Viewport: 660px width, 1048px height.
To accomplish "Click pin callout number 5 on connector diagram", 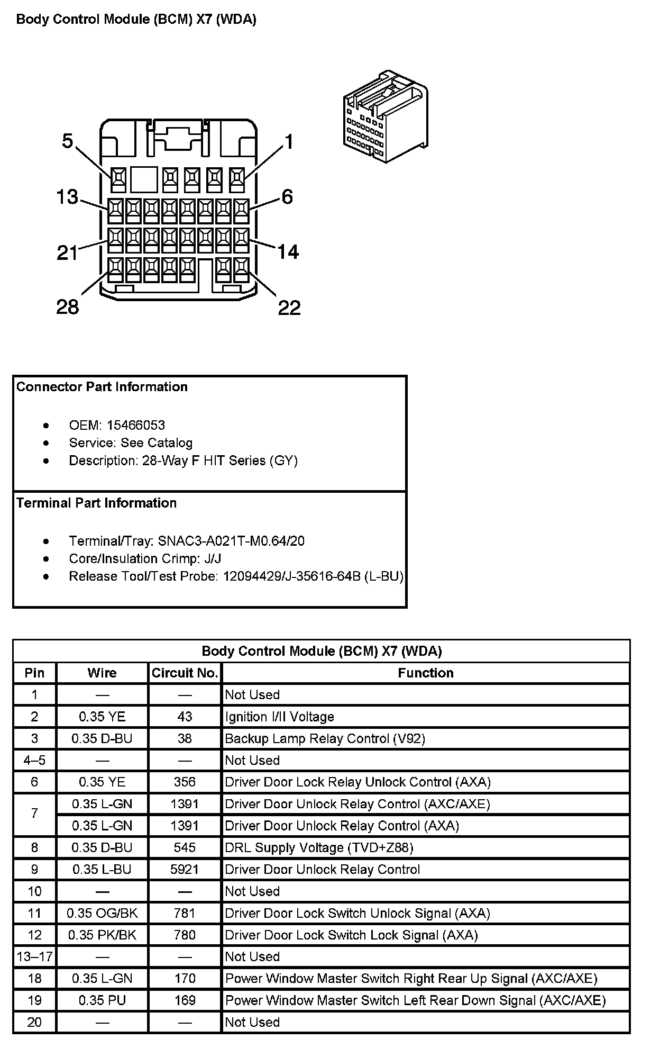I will pos(67,141).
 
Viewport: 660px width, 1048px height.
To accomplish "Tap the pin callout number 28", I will pos(68,306).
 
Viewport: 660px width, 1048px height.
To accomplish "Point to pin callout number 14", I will pos(288,251).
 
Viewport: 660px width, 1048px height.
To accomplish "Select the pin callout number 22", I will pos(289,308).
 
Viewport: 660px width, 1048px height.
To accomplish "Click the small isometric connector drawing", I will pos(385,115).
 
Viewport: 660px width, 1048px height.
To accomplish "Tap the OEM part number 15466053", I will pos(135,425).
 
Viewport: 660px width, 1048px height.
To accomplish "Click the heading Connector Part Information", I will pos(102,387).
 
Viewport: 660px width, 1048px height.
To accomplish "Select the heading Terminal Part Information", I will pos(96,503).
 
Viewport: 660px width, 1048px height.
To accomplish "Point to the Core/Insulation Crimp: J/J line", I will pos(145,558).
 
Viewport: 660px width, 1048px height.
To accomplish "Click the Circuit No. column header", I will pos(185,673).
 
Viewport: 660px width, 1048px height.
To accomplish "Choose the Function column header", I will pos(426,673).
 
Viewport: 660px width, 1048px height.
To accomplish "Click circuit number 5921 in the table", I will pos(185,869).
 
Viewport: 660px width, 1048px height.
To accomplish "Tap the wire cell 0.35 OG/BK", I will pos(102,913).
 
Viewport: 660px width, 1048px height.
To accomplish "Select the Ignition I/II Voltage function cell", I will pos(280,717).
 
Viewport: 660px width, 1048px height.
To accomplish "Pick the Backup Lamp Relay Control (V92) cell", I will pos(325,738).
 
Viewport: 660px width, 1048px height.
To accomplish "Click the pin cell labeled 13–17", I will pos(34,956).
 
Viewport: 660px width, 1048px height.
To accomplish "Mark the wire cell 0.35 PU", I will pos(102,1000).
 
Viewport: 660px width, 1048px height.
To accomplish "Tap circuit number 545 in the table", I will pos(185,847).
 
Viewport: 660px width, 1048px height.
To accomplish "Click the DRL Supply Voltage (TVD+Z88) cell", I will pos(319,847).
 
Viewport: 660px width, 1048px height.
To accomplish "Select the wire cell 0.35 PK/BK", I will pos(102,935).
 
